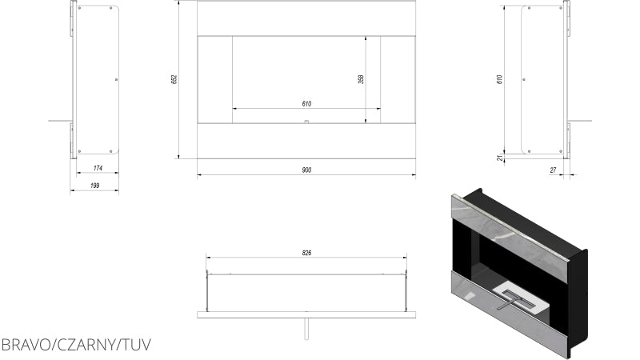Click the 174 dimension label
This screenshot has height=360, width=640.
pyautogui.click(x=98, y=168)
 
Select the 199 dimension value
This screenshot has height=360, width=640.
pyautogui.click(x=95, y=186)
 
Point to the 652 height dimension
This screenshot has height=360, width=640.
pyautogui.click(x=173, y=79)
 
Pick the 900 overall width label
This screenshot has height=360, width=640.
pyautogui.click(x=306, y=169)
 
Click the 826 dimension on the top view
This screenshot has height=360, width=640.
pyautogui.click(x=307, y=253)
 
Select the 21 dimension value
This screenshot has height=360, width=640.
pyautogui.click(x=500, y=158)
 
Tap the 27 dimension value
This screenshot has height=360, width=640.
pyautogui.click(x=553, y=170)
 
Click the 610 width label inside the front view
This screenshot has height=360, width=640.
pyautogui.click(x=306, y=103)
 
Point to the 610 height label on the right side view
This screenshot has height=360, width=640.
pyautogui.click(x=500, y=79)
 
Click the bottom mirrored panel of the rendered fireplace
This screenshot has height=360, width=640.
pyautogui.click(x=512, y=323)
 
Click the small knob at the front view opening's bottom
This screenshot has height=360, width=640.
pyautogui.click(x=306, y=121)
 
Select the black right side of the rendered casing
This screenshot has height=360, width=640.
pyautogui.click(x=578, y=304)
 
